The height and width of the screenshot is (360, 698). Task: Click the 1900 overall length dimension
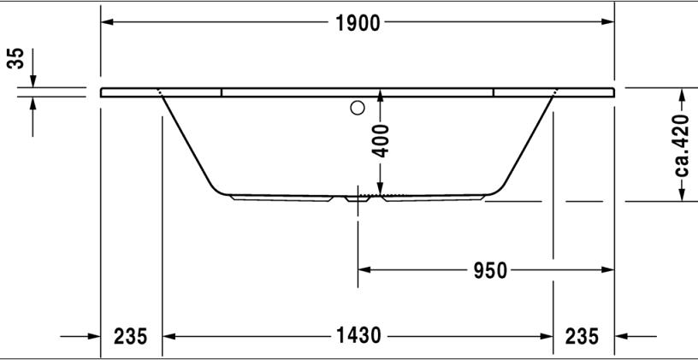pos(358,23)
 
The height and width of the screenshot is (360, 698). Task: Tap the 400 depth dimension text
pos(380,141)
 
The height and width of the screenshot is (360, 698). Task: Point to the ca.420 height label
pos(681,145)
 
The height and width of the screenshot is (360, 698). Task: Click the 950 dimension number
pos(490,270)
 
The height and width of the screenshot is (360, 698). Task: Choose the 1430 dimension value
pos(358,335)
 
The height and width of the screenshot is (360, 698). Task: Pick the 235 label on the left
pos(130,336)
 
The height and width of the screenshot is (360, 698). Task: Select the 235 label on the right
pos(582,336)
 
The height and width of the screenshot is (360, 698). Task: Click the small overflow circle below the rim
pos(358,108)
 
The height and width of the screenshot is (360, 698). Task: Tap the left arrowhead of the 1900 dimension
pos(107,21)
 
